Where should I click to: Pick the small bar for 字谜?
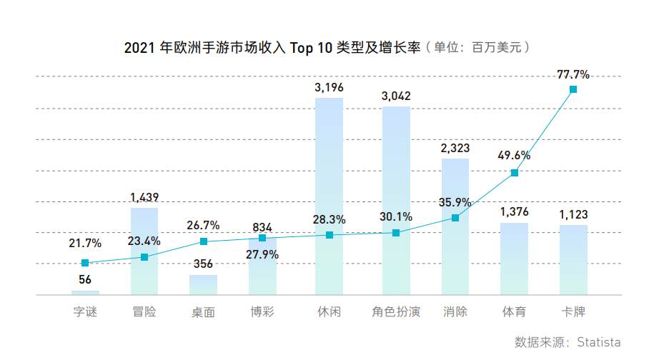tap(85, 292)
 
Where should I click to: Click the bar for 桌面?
tap(204, 285)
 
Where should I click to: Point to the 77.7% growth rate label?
tap(573, 74)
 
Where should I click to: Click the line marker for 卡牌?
tap(573, 89)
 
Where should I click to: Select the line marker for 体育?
tap(515, 173)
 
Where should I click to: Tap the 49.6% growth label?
tap(515, 156)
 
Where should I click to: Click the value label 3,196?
tap(329, 87)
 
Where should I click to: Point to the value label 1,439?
tap(144, 197)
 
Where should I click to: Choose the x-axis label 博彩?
tap(262, 312)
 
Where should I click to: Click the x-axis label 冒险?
tap(144, 312)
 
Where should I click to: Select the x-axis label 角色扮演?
tap(396, 312)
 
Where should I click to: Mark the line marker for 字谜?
tap(85, 263)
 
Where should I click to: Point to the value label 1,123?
tap(573, 214)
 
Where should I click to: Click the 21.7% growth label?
tap(85, 244)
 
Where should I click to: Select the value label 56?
tap(85, 279)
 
